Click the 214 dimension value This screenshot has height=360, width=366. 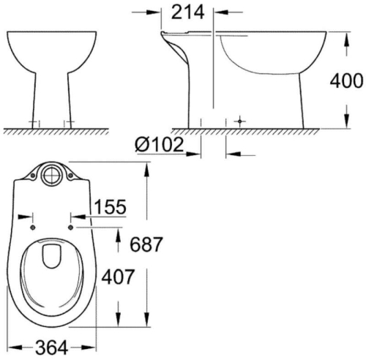[189, 12]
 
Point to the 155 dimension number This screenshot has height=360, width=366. [110, 207]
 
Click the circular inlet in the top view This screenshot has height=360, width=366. [52, 176]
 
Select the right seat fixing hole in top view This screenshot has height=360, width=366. [70, 227]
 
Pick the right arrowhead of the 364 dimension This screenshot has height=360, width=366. [94, 346]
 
